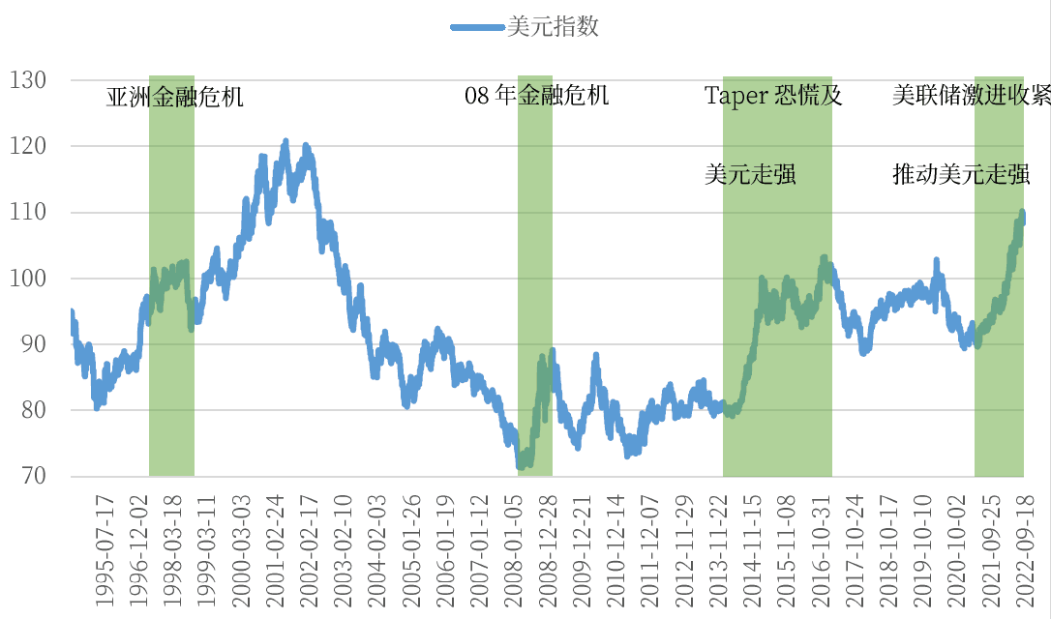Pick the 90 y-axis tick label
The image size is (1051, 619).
click(31, 344)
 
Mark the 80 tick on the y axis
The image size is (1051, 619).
click(31, 410)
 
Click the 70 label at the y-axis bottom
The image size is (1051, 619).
click(31, 476)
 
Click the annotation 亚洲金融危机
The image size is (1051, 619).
click(174, 97)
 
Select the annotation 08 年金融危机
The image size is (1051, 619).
click(537, 96)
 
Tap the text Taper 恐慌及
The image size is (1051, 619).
click(773, 96)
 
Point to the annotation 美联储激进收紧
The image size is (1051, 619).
click(971, 96)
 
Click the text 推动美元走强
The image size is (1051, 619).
click(961, 175)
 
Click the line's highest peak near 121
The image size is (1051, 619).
click(285, 141)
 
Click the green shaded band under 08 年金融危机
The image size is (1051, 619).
click(534, 290)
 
